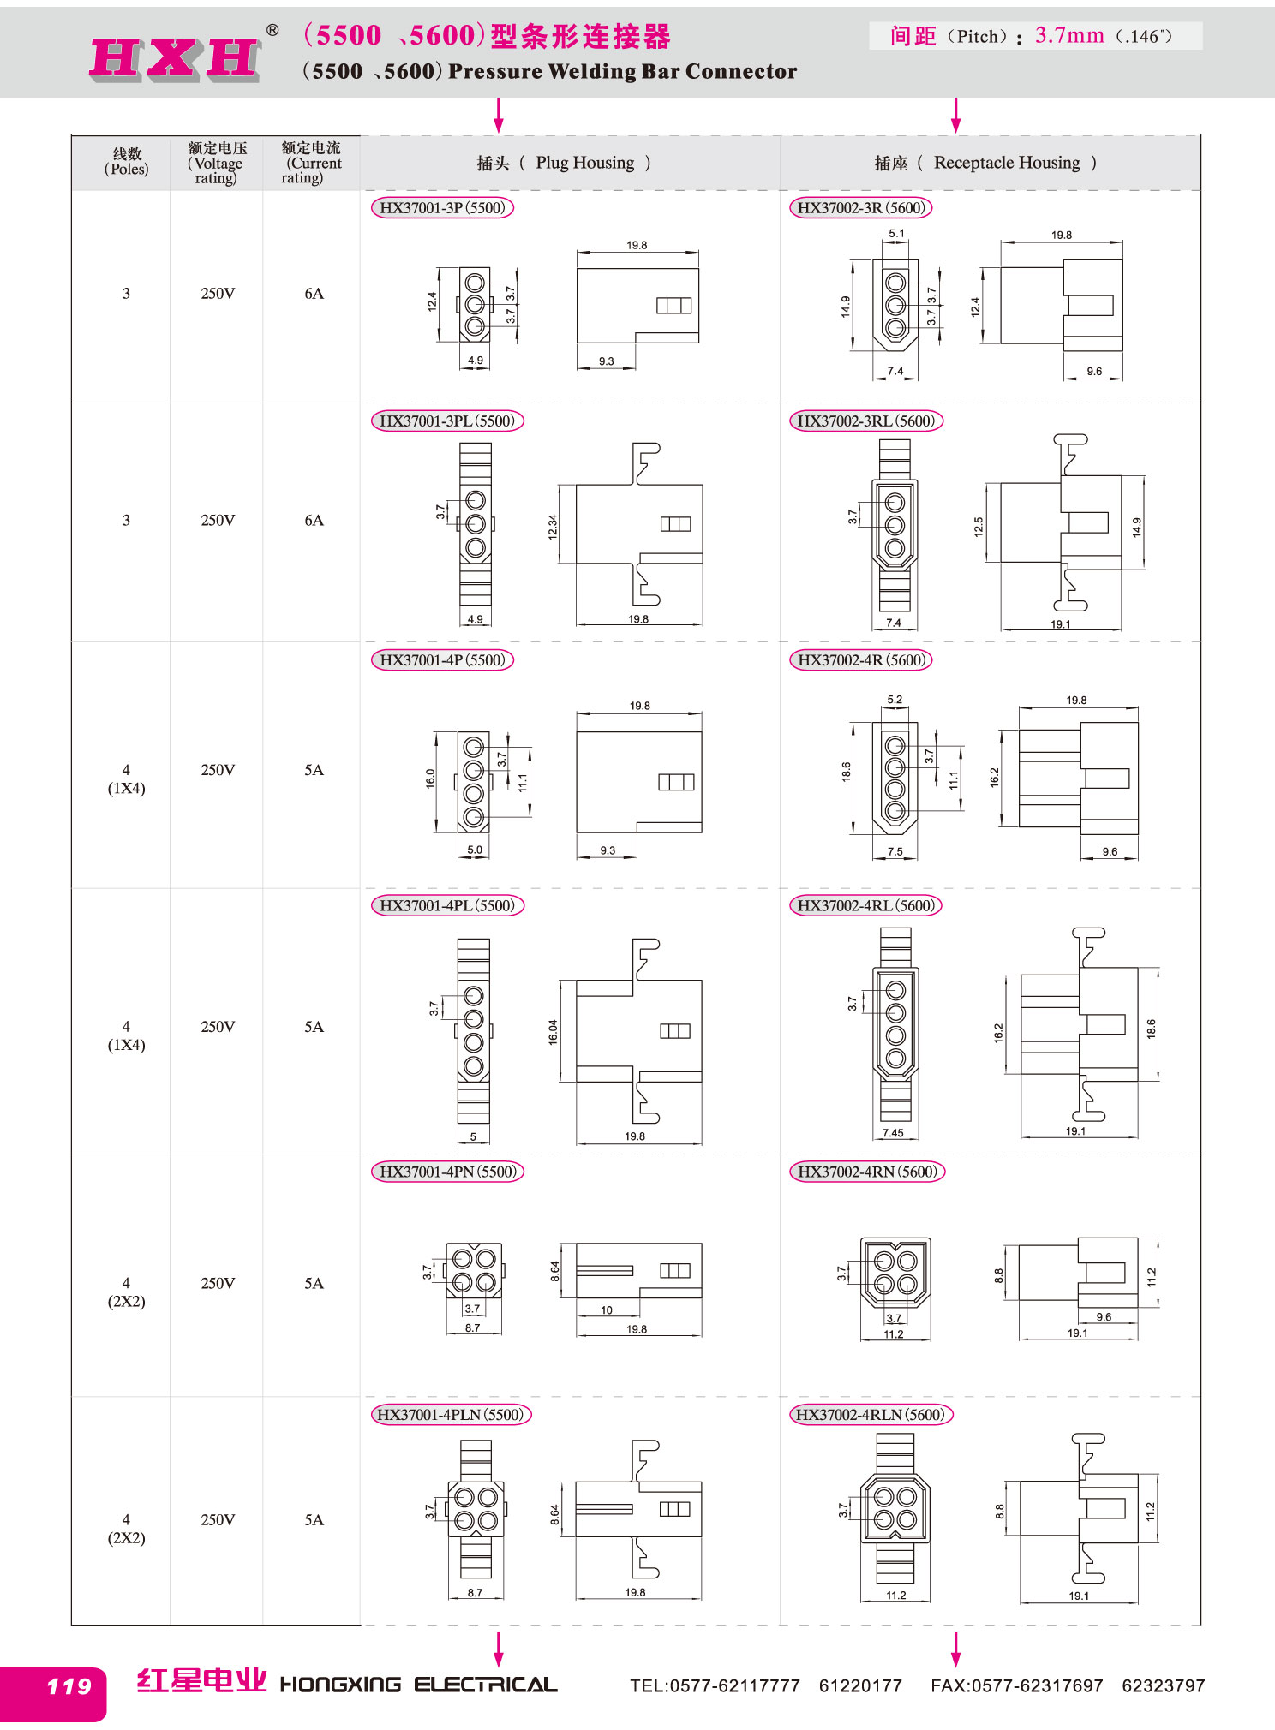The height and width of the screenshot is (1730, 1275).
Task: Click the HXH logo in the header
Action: pos(175,59)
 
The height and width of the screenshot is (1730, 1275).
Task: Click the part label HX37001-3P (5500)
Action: pos(442,207)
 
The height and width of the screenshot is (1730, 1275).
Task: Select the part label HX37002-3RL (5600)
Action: pos(865,421)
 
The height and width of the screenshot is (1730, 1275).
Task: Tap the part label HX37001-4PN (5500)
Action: pos(447,1172)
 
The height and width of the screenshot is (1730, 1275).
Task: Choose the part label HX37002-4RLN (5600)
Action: pos(870,1415)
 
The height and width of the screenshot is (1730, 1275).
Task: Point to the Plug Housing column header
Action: pos(564,163)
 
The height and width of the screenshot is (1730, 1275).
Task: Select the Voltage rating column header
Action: pos(216,163)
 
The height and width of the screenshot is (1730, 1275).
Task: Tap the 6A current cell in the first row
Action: pos(314,294)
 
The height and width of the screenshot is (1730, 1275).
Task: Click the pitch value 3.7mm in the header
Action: pos(1069,35)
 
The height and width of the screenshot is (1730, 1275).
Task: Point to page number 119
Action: pos(69,1686)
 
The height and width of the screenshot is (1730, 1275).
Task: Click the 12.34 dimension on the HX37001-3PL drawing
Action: pos(553,527)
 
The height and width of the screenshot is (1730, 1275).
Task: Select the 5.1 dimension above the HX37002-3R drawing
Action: pos(896,233)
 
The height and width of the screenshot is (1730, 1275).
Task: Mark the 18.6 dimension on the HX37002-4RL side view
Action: pos(1151,1029)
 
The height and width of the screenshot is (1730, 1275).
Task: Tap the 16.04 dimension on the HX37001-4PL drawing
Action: pos(553,1032)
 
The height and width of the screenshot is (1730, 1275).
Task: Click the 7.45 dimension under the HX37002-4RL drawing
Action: pos(893,1132)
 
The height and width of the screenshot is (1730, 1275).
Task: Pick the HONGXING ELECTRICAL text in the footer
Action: pos(419,1685)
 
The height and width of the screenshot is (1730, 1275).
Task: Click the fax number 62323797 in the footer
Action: pos(1163,1686)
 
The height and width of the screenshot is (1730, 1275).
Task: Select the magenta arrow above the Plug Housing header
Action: pos(499,115)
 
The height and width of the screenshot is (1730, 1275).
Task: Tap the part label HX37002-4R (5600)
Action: pos(860,660)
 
